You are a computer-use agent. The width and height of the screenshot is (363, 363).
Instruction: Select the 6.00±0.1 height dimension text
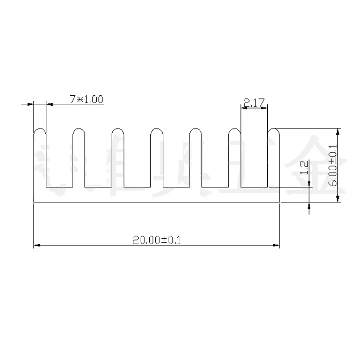333,165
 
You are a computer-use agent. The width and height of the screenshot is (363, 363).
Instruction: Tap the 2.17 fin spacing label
254,103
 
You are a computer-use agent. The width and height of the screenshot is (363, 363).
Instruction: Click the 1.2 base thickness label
305,167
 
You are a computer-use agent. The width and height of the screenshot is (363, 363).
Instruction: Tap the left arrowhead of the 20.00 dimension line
37,245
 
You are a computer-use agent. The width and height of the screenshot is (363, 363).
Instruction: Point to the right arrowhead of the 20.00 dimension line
276,245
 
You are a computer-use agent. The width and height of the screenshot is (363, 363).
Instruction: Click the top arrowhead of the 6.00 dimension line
337,132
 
